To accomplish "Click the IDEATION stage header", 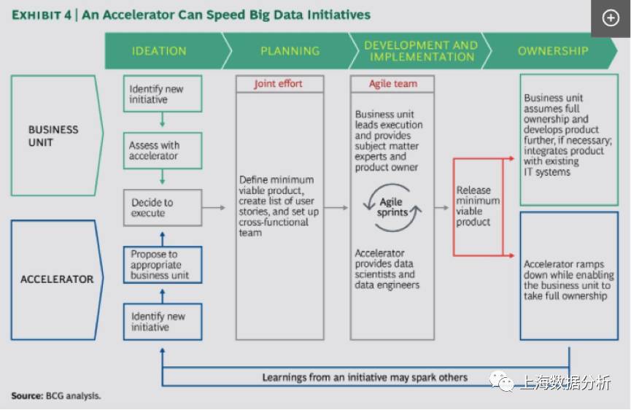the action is coord(159,51).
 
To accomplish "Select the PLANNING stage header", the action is coord(290,51).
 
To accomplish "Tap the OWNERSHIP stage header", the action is coord(553,51).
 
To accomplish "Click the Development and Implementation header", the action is coord(422,51).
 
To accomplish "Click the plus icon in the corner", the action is coord(611,18).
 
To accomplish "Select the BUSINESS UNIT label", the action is coord(53,136).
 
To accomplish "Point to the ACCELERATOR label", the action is coord(57,279).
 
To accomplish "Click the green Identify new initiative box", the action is coord(163,94).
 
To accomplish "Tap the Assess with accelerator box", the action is coord(163,150).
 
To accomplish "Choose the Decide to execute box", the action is coord(163,208).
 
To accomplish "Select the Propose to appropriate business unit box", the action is coord(163,265).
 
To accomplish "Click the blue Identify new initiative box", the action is coord(163,322).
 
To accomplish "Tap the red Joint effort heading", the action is coord(278,84).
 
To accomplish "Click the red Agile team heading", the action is coord(393,84).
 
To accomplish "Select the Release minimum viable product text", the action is coord(478,206).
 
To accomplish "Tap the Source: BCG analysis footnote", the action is coord(56,396).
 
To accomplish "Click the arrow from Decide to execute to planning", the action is coord(214,208).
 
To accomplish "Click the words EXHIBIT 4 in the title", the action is coord(42,15).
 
